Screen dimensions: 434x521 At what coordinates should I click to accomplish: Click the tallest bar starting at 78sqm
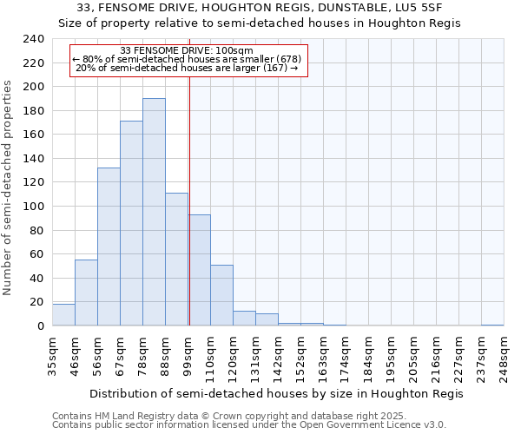pyautogui.click(x=154, y=212)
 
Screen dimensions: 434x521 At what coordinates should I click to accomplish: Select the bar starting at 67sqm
pyautogui.click(x=131, y=223)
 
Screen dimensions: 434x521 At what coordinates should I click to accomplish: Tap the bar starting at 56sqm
pyautogui.click(x=109, y=247)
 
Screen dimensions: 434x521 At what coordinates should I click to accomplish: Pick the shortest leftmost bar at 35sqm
pyautogui.click(x=63, y=316)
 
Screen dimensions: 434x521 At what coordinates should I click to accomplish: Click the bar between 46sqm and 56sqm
pyautogui.click(x=86, y=293)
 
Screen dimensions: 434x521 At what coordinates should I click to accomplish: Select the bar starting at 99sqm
pyautogui.click(x=199, y=270)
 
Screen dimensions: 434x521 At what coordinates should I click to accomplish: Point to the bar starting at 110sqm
pyautogui.click(x=221, y=295)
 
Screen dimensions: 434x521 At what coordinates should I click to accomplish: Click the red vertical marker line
pyautogui.click(x=189, y=200)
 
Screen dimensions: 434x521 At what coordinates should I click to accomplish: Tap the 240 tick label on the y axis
pyautogui.click(x=34, y=39)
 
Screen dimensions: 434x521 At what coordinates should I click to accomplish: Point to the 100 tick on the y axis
pyautogui.click(x=34, y=207)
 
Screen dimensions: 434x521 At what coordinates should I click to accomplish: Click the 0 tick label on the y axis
pyautogui.click(x=40, y=326)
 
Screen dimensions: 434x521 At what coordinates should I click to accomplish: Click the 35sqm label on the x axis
pyautogui.click(x=52, y=355)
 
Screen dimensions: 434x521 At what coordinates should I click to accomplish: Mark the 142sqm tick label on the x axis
pyautogui.click(x=278, y=355)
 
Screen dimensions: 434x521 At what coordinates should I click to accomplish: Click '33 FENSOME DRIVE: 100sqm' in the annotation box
pyautogui.click(x=187, y=50)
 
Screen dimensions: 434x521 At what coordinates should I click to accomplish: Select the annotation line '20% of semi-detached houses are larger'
pyautogui.click(x=187, y=68)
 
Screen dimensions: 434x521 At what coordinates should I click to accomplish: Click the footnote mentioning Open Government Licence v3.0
pyautogui.click(x=249, y=425)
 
